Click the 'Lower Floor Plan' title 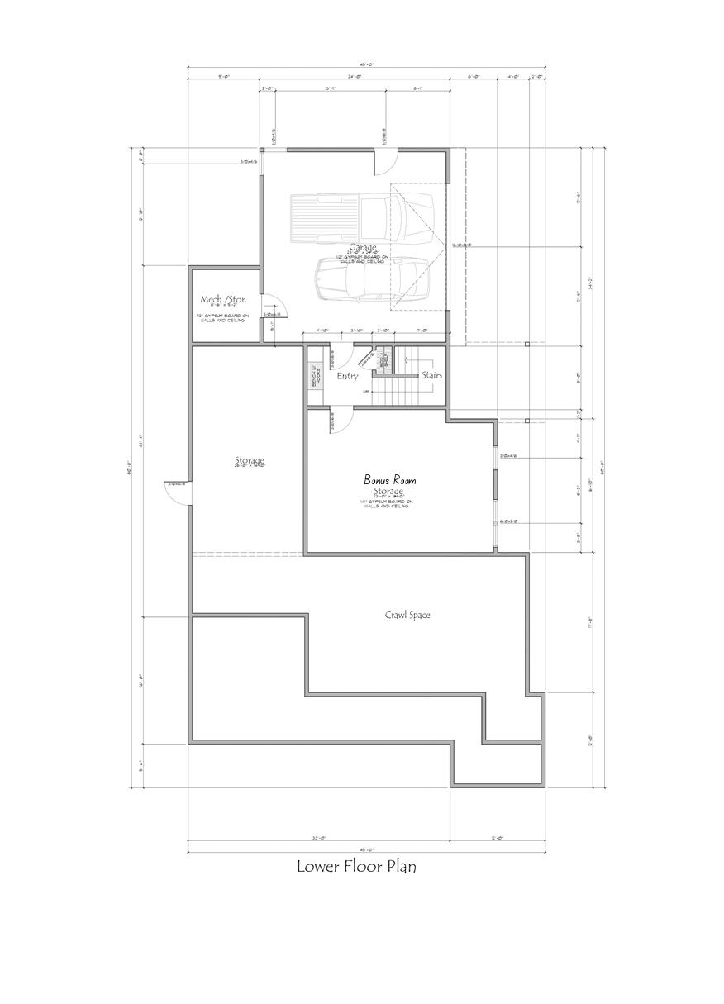(356, 867)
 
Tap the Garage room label (362, 247)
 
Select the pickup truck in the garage (362, 214)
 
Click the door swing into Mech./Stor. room (272, 307)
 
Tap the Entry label (347, 376)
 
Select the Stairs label (431, 375)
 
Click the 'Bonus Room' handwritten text (390, 479)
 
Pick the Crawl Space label (407, 615)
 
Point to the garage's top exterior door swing (383, 163)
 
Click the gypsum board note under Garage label (362, 259)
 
